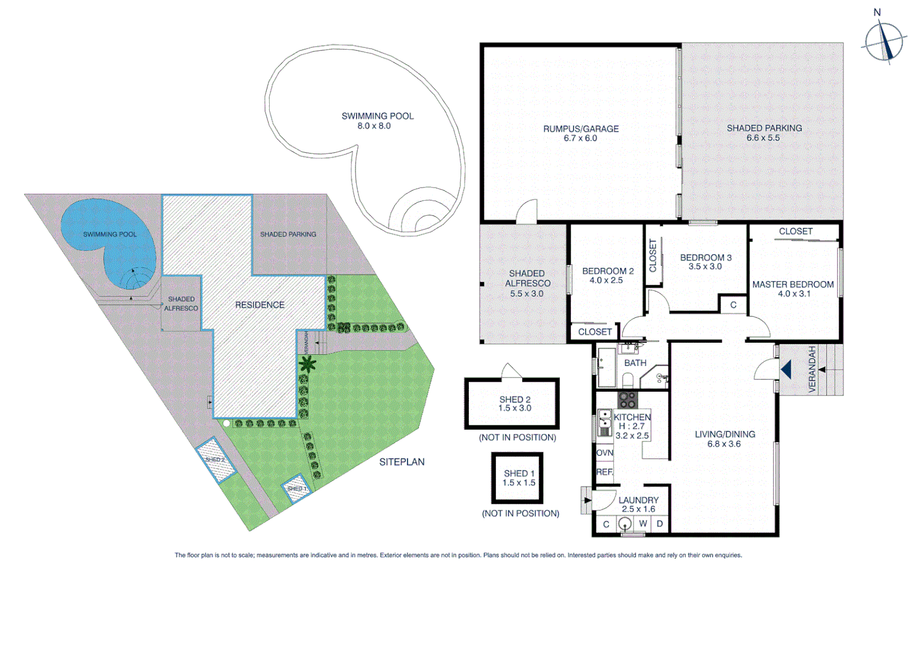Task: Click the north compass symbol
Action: pos(884,42)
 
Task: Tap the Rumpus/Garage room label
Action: pos(580,133)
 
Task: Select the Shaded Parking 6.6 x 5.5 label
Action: pos(764,132)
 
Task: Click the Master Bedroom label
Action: pos(793,289)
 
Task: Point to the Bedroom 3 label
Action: pos(706,262)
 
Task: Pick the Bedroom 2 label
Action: pos(607,276)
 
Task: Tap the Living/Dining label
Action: pos(724,439)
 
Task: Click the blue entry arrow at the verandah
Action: pos(787,370)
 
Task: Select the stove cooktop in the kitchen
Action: pos(628,399)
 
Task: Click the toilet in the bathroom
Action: pos(628,379)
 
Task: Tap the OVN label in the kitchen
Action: pos(604,453)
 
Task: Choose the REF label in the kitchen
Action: pos(604,472)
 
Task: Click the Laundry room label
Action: pos(638,504)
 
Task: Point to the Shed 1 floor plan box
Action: pos(517,478)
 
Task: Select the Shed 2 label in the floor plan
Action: pos(514,404)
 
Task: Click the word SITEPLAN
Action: pos(402,462)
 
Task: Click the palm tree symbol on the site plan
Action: pos(308,364)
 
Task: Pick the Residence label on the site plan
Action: pos(260,305)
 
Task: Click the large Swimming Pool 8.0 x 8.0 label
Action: pos(377,120)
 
